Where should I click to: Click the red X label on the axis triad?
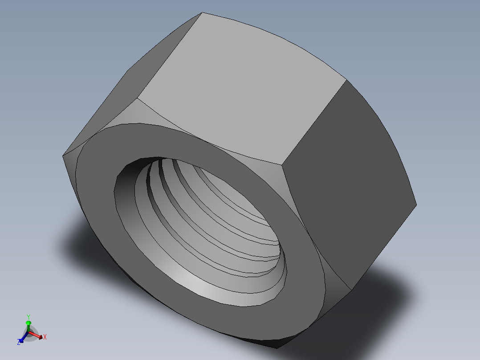pyautogui.click(x=45, y=337)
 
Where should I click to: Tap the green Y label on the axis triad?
pyautogui.click(x=28, y=317)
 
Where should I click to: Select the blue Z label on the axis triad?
pyautogui.click(x=19, y=342)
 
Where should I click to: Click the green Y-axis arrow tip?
pyautogui.click(x=28, y=322)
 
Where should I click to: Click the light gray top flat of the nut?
pyautogui.click(x=240, y=85)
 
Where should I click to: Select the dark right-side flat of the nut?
pyautogui.click(x=347, y=178)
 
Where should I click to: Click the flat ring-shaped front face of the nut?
pyautogui.click(x=294, y=285)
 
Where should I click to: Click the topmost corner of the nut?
pyautogui.click(x=203, y=12)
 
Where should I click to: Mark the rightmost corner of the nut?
pyautogui.click(x=416, y=205)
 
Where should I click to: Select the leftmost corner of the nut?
pyautogui.click(x=62, y=155)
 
